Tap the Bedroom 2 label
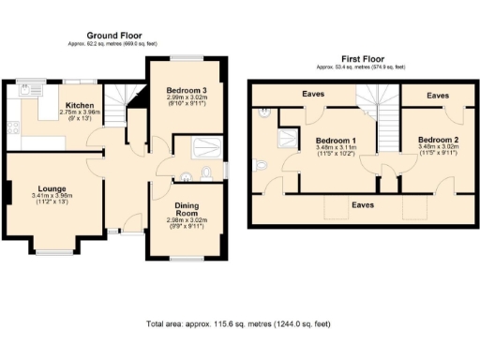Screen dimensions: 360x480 438,139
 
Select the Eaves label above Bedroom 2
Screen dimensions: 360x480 437,96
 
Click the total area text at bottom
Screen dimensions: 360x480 238,324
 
